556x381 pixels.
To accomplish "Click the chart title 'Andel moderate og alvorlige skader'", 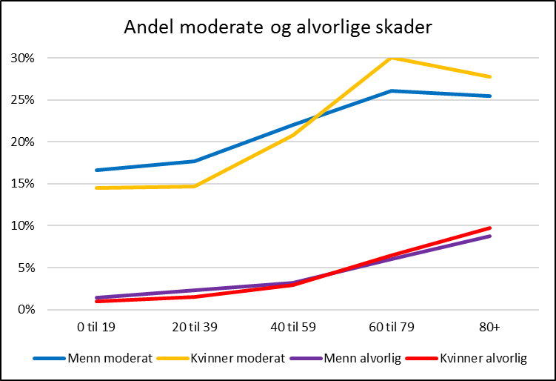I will click(x=278, y=27).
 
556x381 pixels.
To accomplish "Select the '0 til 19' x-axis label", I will click(x=96, y=327).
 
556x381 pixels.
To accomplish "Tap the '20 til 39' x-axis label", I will click(x=195, y=327).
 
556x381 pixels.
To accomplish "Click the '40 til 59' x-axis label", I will click(x=293, y=327).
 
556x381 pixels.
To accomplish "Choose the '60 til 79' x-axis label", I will click(x=392, y=327).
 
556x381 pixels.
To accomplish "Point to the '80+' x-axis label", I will click(x=490, y=327).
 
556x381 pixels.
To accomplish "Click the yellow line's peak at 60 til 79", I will click(x=392, y=58).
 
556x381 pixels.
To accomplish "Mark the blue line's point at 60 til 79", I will click(x=392, y=90).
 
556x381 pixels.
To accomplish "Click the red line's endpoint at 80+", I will click(x=490, y=228).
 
